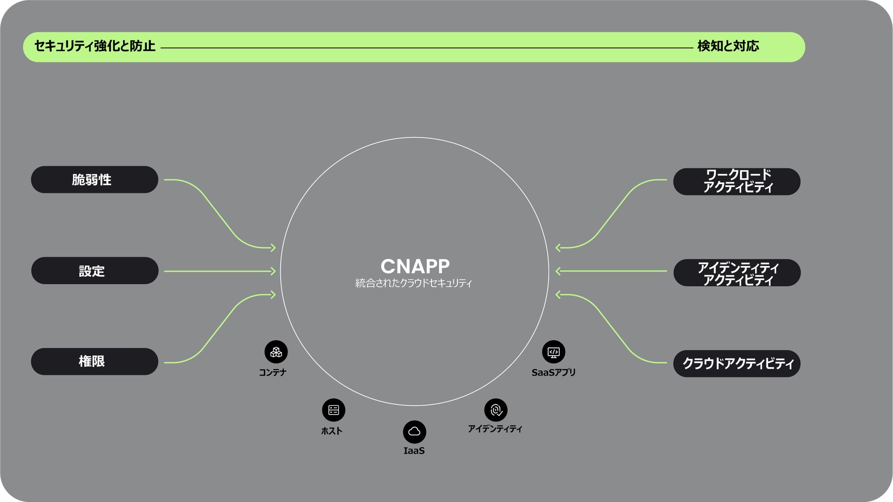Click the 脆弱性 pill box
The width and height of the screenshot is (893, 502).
94,180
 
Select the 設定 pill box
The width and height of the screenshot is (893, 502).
94,271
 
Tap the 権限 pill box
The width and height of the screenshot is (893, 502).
94,361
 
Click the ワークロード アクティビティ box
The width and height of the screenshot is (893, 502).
736,181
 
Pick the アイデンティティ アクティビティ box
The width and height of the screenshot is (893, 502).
736,273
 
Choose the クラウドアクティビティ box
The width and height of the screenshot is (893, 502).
736,364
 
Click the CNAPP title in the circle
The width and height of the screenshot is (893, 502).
415,266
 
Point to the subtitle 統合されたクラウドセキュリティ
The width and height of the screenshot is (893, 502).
414,283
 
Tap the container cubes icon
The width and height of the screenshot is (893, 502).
276,352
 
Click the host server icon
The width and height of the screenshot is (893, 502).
333,410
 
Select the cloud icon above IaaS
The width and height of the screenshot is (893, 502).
414,431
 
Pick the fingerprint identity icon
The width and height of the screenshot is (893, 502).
496,409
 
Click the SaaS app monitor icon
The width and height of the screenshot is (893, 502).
554,352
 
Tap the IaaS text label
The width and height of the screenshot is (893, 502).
414,451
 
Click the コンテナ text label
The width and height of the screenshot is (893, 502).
272,372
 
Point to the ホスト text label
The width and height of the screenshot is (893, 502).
332,431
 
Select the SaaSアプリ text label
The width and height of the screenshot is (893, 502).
553,372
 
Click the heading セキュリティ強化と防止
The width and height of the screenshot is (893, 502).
95,46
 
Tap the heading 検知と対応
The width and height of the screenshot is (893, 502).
728,46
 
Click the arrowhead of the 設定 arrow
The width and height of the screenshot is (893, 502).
273,271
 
